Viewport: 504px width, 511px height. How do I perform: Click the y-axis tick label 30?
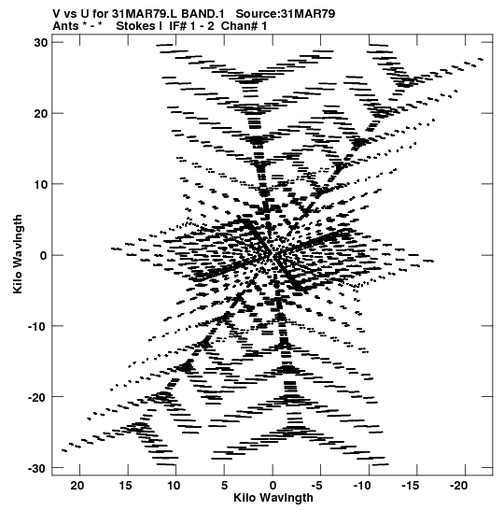[41, 42]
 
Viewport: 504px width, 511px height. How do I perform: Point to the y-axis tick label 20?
[41, 113]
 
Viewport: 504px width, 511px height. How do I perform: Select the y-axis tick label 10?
[41, 184]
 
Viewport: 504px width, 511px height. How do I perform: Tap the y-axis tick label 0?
[44, 255]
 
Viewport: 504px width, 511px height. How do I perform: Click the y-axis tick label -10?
[38, 326]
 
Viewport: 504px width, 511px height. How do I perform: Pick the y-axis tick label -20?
[38, 397]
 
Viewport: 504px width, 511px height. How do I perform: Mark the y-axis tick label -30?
[38, 468]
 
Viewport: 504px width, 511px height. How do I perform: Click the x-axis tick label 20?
[77, 485]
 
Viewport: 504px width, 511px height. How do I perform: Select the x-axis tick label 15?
[125, 485]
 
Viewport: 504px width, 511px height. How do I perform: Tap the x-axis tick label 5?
[224, 485]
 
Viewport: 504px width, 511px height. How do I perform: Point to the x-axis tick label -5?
[316, 485]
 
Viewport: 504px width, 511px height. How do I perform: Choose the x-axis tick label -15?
[411, 485]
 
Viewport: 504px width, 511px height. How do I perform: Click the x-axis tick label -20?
[459, 485]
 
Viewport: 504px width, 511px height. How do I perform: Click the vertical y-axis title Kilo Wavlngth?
[18, 254]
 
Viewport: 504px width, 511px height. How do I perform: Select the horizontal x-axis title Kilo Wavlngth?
[273, 498]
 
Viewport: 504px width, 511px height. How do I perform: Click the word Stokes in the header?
[135, 26]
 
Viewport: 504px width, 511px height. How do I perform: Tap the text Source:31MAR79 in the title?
[286, 14]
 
